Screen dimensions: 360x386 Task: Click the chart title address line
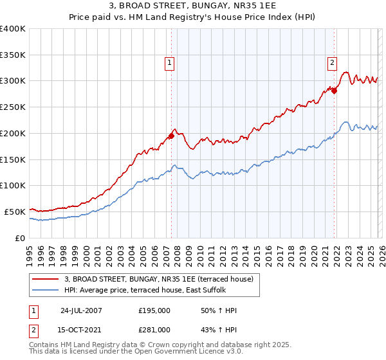(193, 8)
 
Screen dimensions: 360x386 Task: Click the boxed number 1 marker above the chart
(169, 62)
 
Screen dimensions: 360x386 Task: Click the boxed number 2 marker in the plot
(332, 62)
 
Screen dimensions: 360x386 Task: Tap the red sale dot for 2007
(172, 136)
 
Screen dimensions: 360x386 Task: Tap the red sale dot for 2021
(335, 91)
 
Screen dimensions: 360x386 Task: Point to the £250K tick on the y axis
(13, 107)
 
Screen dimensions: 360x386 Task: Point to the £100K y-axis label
(13, 185)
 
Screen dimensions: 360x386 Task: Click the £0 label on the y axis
(19, 237)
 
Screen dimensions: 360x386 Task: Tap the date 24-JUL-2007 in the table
(81, 310)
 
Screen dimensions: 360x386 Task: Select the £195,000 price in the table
(154, 310)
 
